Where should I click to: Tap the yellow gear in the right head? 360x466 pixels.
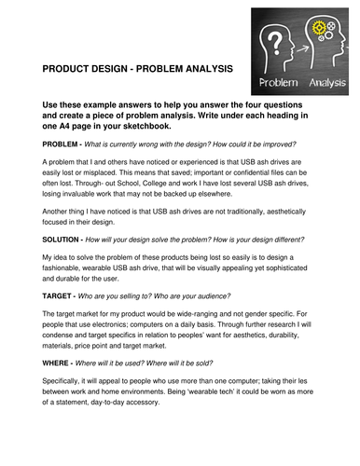click(312, 43)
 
